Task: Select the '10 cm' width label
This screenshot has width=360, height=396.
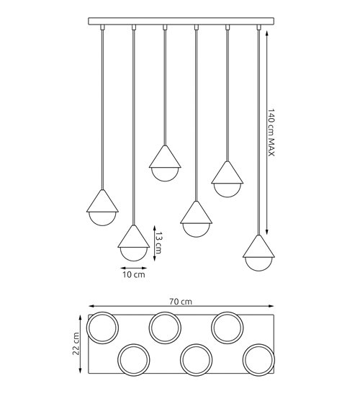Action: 133,274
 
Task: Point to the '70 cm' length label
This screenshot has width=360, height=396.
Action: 181,302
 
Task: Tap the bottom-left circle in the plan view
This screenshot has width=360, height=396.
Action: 133,359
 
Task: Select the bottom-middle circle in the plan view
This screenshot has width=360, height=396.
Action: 195,359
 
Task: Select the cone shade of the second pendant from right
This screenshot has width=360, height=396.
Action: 226,172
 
